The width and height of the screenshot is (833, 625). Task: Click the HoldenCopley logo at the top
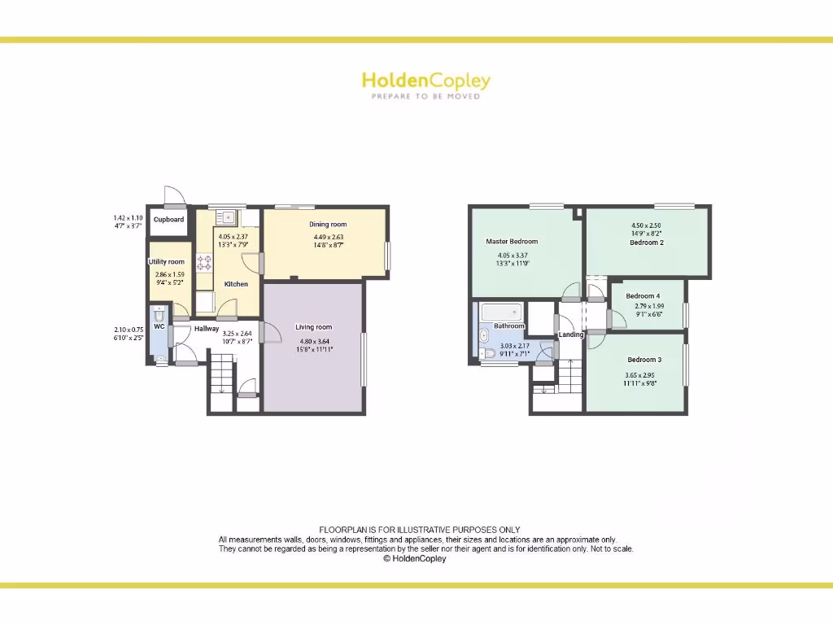[x=425, y=81]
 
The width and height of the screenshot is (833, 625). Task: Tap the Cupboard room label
[x=169, y=220]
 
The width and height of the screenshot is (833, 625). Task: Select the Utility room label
[x=166, y=262]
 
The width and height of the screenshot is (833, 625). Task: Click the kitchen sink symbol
[x=226, y=217]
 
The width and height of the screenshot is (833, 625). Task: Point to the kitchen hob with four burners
[x=204, y=262]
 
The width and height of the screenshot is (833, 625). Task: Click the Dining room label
[x=328, y=225]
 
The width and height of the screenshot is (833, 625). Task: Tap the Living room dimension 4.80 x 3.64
[x=314, y=341]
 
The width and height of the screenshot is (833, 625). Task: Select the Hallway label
[x=207, y=329]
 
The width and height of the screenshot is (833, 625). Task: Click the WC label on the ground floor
[x=159, y=326]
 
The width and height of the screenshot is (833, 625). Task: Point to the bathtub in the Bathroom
[x=501, y=312]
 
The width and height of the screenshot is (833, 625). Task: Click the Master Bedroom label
[x=512, y=242]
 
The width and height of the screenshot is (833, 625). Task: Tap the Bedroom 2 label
[x=647, y=243]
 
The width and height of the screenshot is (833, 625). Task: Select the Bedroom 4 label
[x=643, y=295]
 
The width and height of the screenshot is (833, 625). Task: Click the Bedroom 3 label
[x=644, y=360]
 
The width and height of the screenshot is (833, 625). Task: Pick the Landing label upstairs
[x=571, y=334]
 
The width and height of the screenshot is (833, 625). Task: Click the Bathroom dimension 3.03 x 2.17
[x=515, y=346]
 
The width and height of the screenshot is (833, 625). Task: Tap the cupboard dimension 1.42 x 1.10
[x=129, y=218]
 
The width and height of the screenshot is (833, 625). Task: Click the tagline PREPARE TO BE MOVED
[x=425, y=96]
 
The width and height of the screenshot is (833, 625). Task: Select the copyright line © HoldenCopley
[x=415, y=559]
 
